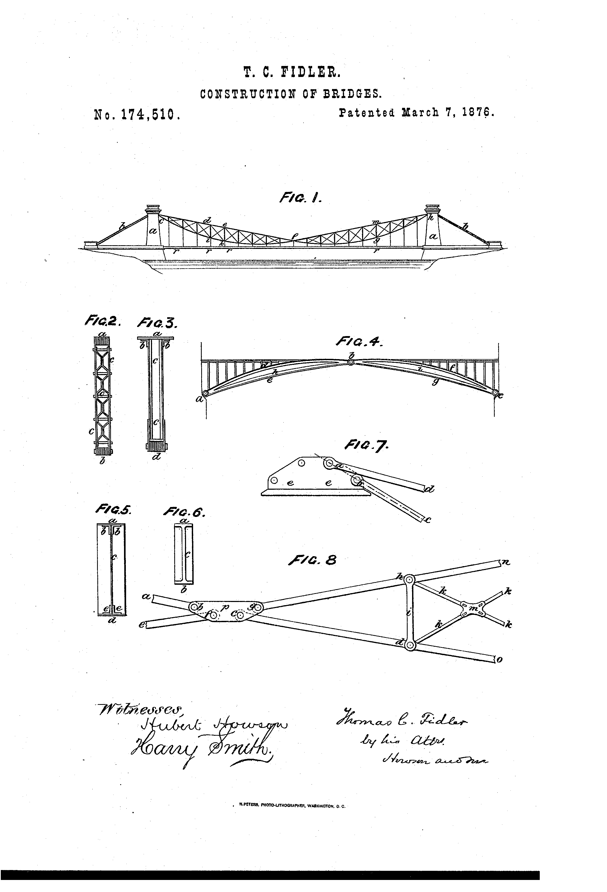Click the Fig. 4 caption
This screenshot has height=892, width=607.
coord(359,341)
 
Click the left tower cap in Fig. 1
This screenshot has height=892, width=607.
coord(153,209)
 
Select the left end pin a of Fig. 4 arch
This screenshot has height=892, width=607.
coord(205,393)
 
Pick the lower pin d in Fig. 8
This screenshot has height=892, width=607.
coord(409,645)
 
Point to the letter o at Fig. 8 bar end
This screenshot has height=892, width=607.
coord(499,660)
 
